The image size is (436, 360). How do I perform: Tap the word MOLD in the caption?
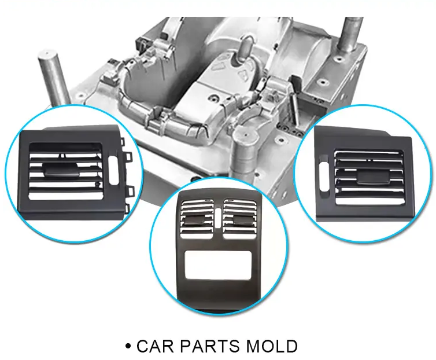[x=272, y=346]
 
